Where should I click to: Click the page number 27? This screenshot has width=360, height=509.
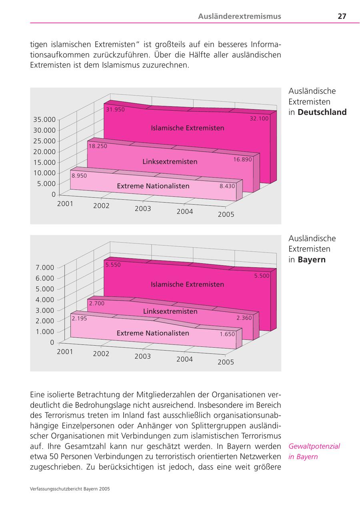342,16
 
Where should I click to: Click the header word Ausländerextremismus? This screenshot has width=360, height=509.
239,16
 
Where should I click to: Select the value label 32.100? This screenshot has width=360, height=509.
259,118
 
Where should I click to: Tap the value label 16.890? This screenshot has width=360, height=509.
242,159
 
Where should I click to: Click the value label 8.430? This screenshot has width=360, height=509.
227,186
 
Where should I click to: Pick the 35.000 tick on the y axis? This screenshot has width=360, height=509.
44,119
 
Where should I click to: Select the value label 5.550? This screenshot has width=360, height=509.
113,265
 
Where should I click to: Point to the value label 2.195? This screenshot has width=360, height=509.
79,319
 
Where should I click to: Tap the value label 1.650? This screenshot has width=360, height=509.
227,334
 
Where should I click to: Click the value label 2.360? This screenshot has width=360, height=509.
244,318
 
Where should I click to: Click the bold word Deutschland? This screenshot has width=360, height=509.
322,112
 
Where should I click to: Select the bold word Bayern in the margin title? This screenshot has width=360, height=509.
312,259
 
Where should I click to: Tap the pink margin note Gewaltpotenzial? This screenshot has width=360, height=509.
314,446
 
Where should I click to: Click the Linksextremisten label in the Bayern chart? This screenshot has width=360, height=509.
170,311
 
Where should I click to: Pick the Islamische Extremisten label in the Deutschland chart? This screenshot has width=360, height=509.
187,128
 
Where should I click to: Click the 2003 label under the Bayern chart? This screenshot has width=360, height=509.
143,356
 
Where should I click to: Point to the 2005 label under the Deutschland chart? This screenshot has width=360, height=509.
226,214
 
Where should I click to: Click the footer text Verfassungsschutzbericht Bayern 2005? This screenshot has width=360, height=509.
70,489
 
